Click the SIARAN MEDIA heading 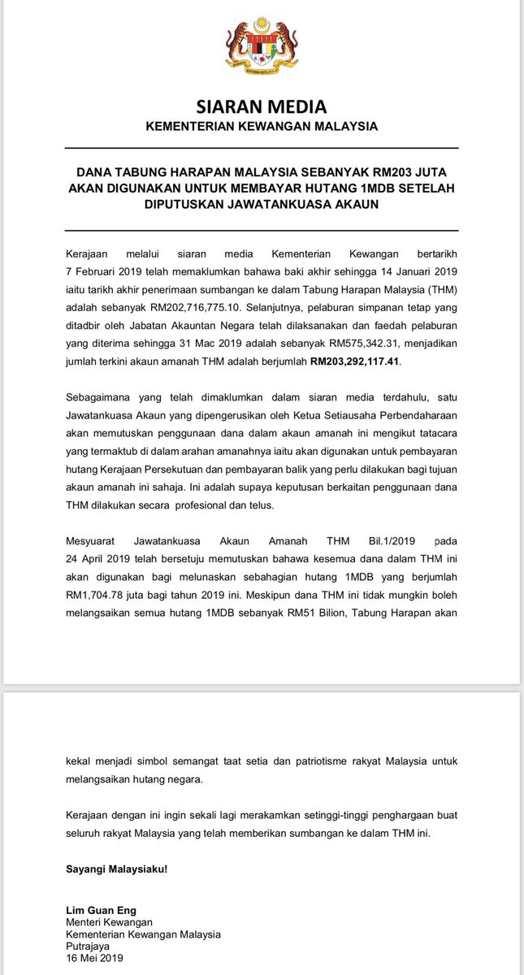tap(262, 106)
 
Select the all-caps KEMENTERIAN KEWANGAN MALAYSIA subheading tap(262, 127)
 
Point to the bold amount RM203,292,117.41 tap(356, 361)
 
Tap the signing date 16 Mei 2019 tap(94, 958)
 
